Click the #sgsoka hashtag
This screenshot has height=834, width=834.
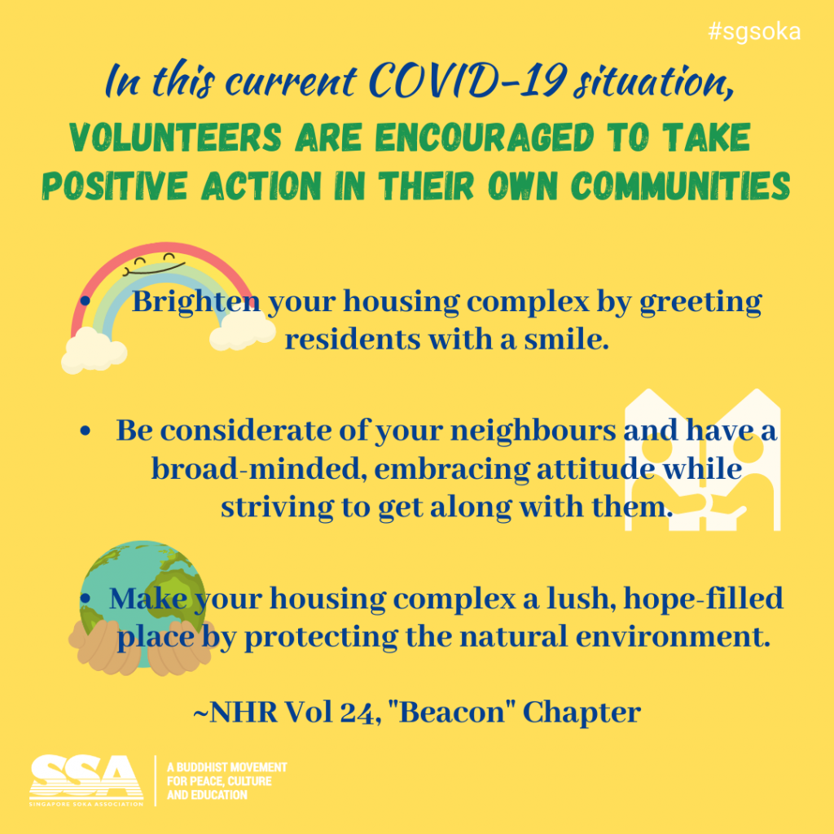[754, 32]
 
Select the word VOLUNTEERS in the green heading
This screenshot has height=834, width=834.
[176, 137]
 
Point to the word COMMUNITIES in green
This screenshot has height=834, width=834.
[681, 187]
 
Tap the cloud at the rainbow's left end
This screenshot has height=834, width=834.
[94, 350]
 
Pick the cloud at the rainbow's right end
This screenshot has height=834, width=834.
[243, 331]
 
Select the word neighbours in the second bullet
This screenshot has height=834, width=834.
[533, 430]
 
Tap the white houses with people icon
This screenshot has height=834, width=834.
[703, 460]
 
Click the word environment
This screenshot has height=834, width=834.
[672, 637]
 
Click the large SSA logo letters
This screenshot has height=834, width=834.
[86, 776]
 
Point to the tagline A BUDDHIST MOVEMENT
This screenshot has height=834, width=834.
[227, 767]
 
